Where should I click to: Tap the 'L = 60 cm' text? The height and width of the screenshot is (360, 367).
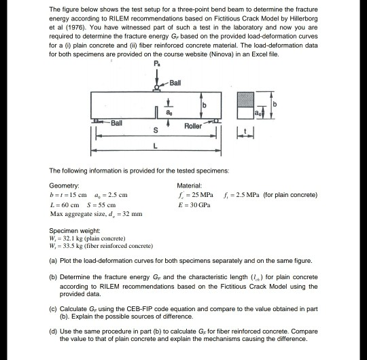(x=66, y=204)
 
